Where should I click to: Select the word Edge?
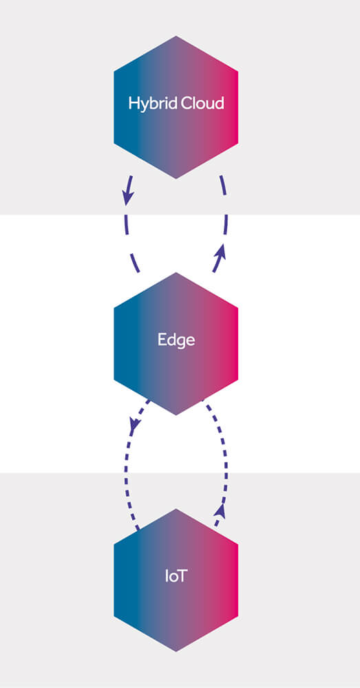[x=176, y=341]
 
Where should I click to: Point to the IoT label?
[x=176, y=576]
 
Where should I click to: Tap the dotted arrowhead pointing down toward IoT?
[x=134, y=423]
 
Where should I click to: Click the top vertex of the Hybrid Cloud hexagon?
[x=176, y=36]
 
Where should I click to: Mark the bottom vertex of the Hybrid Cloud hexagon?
[x=176, y=179]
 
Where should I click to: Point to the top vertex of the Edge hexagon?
[x=176, y=272]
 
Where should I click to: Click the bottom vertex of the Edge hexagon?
[x=176, y=415]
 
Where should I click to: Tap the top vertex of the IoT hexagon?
[x=176, y=509]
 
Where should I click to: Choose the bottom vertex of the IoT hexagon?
[x=176, y=652]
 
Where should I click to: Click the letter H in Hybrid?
[x=134, y=103]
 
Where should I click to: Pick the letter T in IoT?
[x=182, y=576]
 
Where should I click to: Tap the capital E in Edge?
[x=162, y=340]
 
